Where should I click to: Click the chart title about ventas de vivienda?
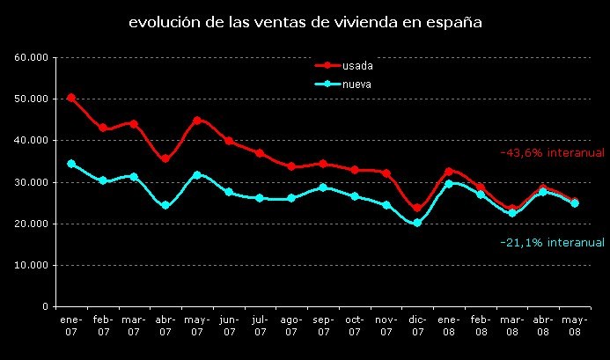click(305, 22)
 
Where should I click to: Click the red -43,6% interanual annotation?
click(552, 152)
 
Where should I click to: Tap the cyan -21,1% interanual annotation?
click(552, 242)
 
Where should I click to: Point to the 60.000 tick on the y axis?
click(32, 57)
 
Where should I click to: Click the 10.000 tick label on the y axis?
click(32, 265)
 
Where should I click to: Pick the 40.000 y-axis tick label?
click(32, 140)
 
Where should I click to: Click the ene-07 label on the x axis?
click(70, 327)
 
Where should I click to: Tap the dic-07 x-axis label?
click(417, 327)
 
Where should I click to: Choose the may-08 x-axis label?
click(575, 327)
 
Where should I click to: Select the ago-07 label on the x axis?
click(291, 327)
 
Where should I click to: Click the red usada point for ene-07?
click(71, 98)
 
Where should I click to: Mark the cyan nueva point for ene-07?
click(71, 164)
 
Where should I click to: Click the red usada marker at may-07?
click(197, 121)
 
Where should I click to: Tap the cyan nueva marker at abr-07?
click(165, 205)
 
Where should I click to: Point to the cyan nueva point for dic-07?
click(417, 223)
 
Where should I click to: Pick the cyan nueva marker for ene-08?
click(449, 184)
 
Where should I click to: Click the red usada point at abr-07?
click(165, 158)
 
